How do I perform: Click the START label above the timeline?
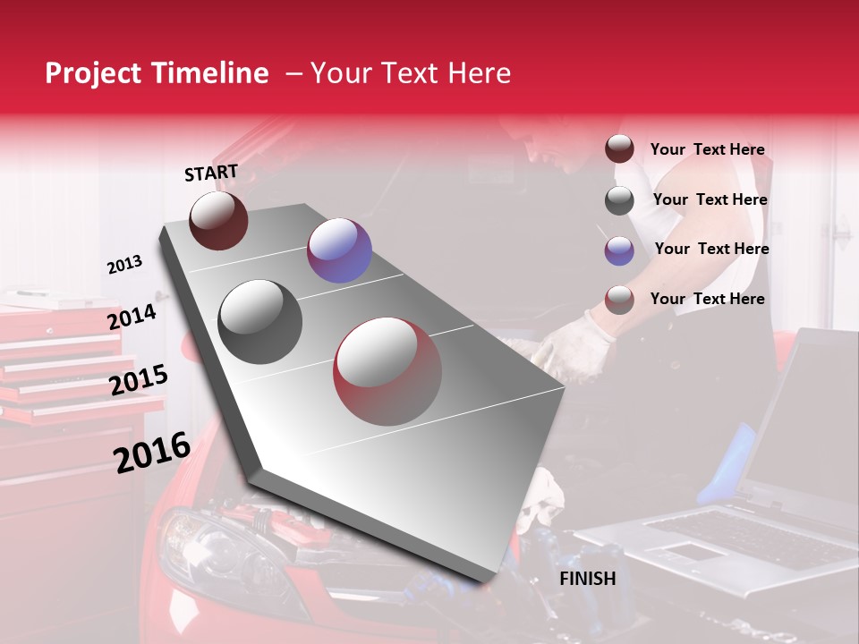[211, 173]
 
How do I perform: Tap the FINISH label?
[587, 579]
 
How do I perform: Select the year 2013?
[124, 265]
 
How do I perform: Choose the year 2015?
[139, 381]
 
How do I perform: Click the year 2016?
[152, 453]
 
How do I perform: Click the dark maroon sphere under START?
[218, 220]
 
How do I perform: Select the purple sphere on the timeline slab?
[339, 250]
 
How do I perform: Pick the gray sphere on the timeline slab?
[260, 321]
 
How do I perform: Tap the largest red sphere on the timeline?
[387, 371]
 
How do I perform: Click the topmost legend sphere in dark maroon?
[619, 149]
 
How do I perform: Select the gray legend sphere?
[619, 200]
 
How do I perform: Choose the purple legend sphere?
[619, 250]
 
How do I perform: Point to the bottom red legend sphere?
[619, 300]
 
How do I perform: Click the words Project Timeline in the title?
[157, 73]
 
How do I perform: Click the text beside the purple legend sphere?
[711, 249]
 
